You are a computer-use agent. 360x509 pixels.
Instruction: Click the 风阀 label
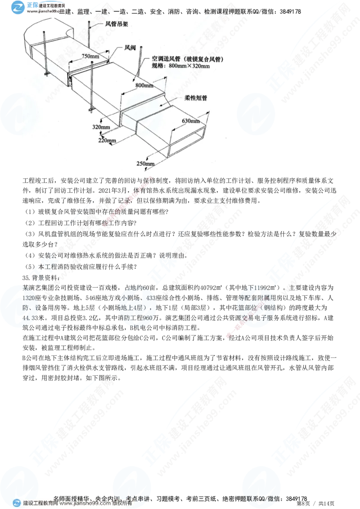131,47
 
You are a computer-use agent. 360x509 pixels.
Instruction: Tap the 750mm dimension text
91,56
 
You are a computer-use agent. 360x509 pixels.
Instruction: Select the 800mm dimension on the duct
144,85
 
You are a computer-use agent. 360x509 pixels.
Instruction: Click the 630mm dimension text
191,121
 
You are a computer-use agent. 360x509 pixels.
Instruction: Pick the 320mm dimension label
102,127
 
